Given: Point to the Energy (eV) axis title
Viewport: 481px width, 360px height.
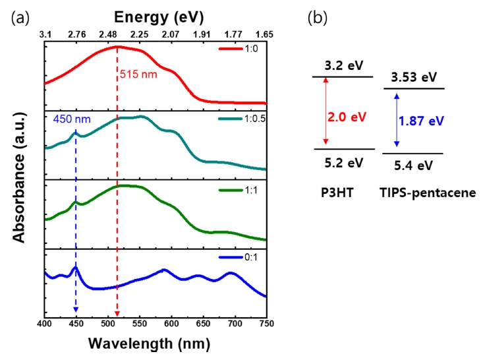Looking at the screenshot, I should [x=156, y=15].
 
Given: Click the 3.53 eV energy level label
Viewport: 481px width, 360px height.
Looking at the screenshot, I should [x=413, y=78].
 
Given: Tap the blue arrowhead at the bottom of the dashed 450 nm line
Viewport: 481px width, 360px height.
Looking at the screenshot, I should [x=76, y=310].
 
